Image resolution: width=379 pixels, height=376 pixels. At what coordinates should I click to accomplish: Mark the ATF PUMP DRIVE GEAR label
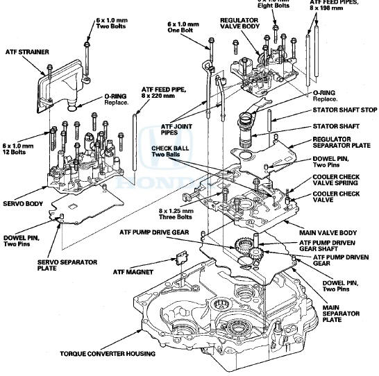click(x=154, y=231)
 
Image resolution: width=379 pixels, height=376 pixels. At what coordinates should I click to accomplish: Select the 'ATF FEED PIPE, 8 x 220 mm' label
click(x=164, y=92)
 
